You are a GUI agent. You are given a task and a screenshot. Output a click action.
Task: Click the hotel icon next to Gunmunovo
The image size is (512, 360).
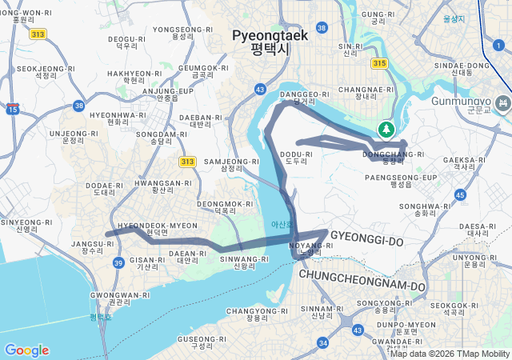coord(503,103)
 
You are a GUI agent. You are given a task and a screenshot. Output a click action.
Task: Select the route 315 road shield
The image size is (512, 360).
coord(379,63)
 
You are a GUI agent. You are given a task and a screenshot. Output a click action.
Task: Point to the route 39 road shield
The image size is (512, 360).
coord(118,262)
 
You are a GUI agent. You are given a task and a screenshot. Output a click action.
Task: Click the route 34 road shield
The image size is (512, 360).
coord(322,342)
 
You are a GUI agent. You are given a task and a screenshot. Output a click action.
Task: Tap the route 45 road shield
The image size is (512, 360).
coord(459,194)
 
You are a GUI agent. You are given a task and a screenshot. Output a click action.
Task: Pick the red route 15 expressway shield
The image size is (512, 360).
coord(12,108)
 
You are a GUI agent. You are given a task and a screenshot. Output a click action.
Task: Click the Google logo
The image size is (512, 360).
coord(26,350)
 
